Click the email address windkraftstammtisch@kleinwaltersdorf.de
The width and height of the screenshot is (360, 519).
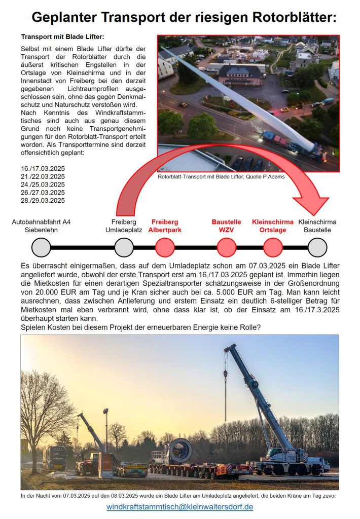[x=179, y=507]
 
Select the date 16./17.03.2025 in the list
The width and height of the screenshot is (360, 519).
[x=43, y=168]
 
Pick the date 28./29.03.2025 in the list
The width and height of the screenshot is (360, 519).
[x=43, y=200]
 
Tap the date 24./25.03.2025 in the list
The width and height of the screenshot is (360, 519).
[x=43, y=184]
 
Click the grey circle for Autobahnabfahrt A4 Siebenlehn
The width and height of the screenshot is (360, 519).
[x=41, y=247]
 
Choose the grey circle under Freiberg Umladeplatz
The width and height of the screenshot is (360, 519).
[x=124, y=247]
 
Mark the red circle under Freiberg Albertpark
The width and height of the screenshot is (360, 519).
[x=165, y=247]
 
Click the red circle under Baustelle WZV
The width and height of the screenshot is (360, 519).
[x=226, y=247]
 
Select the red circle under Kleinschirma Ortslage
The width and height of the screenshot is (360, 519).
[x=273, y=247]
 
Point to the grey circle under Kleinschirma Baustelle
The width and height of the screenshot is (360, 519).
[x=317, y=247]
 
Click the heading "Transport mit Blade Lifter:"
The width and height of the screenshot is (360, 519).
[x=62, y=37]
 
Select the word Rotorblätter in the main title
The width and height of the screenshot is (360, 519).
[x=291, y=18]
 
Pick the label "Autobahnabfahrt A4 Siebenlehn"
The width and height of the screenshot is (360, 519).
[x=42, y=226]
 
